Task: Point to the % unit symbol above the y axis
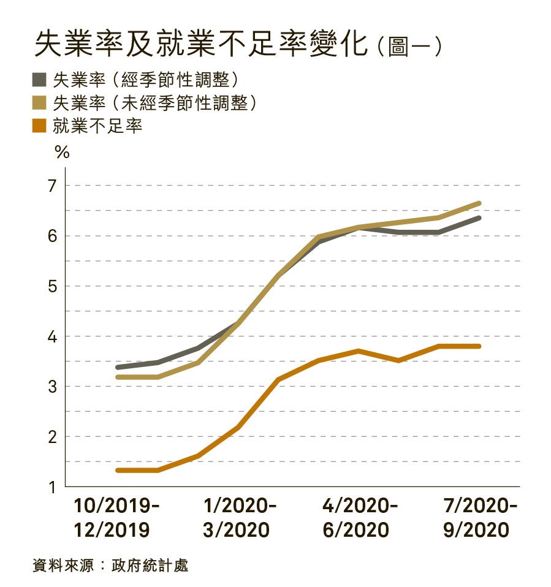click(x=62, y=153)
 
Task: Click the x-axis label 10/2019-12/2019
click(x=116, y=518)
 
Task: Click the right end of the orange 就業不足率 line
click(x=479, y=346)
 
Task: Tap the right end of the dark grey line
click(x=479, y=218)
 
